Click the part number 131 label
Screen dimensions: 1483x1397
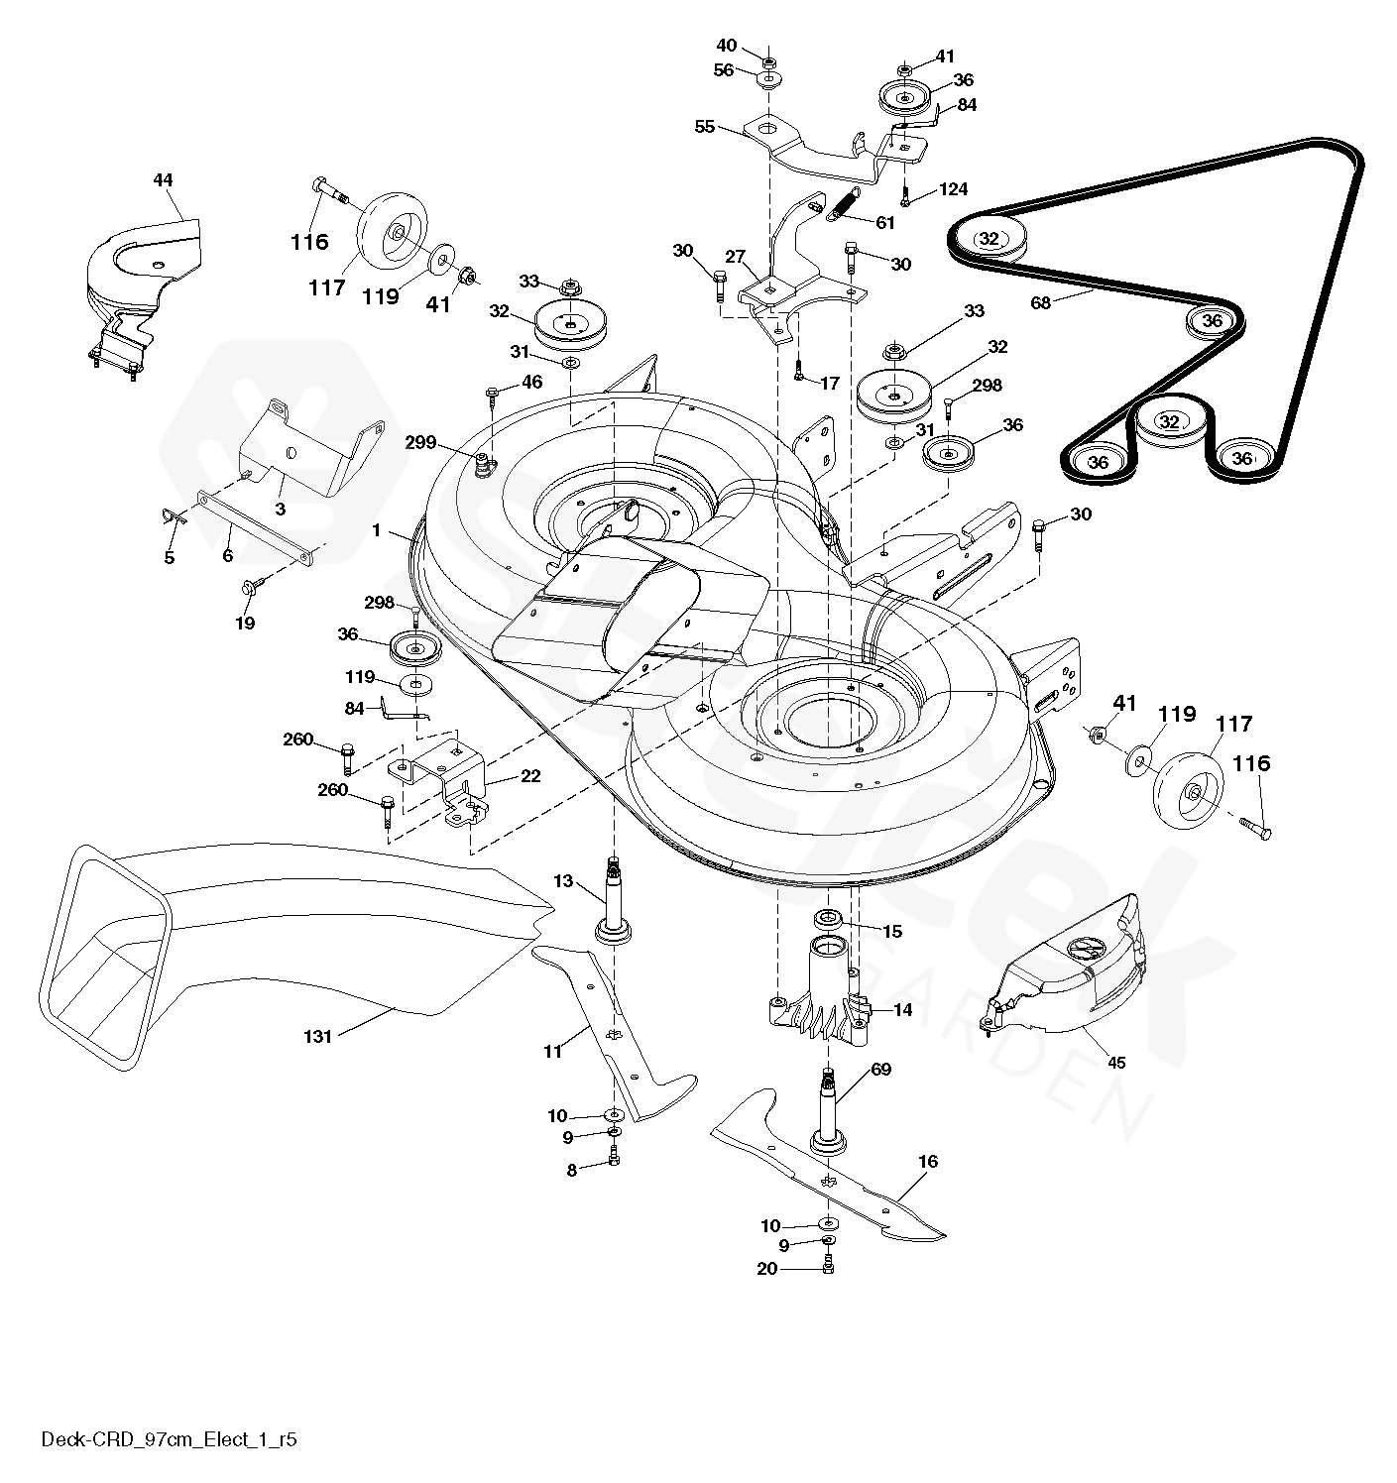(318, 1036)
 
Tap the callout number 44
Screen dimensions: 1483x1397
(163, 179)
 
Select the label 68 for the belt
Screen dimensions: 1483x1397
(1041, 302)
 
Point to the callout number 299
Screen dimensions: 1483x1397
(421, 442)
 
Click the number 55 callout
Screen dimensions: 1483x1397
(705, 126)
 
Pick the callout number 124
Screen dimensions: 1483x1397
(953, 188)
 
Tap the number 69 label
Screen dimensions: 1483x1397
(880, 1069)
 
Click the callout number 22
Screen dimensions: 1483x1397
(530, 775)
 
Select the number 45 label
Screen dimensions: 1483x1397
(1116, 1063)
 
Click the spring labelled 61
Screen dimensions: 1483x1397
(844, 209)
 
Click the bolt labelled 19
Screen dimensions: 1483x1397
(248, 588)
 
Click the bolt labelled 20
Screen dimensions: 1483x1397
(828, 1265)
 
